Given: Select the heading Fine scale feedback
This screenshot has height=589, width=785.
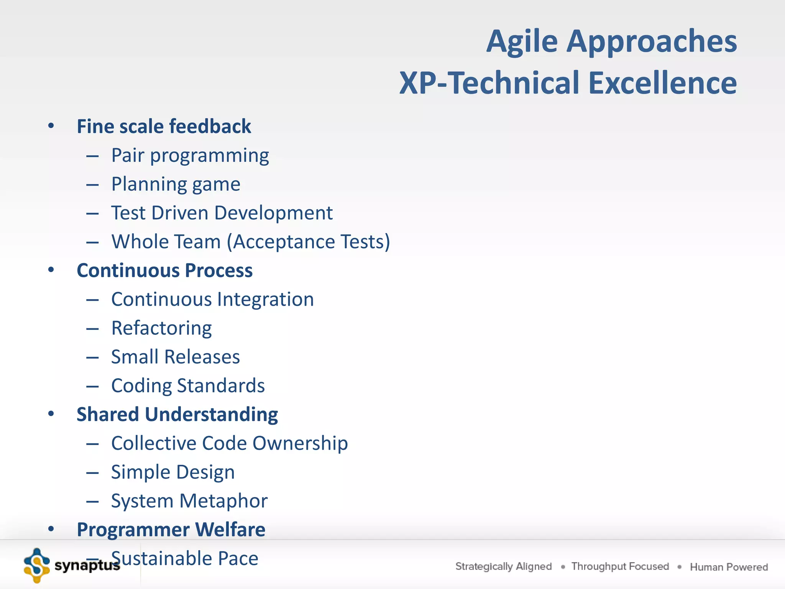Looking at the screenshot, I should pyautogui.click(x=164, y=127).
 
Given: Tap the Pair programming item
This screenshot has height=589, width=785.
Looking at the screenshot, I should pyautogui.click(x=190, y=156).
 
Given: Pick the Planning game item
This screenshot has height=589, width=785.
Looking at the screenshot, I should pyautogui.click(x=176, y=184).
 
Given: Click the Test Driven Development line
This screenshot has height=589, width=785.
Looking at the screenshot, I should pyautogui.click(x=222, y=213).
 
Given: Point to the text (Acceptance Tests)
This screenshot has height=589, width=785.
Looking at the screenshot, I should pyautogui.click(x=309, y=242).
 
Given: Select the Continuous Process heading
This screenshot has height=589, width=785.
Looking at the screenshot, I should pyautogui.click(x=164, y=271).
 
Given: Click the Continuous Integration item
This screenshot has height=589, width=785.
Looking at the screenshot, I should pyautogui.click(x=212, y=299).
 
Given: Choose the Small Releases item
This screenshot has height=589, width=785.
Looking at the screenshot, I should pyautogui.click(x=175, y=357).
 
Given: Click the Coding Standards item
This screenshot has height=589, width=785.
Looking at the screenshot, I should pyautogui.click(x=188, y=386).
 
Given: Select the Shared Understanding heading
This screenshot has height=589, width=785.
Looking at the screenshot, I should pyautogui.click(x=177, y=415).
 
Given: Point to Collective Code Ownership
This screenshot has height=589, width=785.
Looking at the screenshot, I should pyautogui.click(x=229, y=443).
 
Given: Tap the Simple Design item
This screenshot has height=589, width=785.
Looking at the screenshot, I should pyautogui.click(x=173, y=472).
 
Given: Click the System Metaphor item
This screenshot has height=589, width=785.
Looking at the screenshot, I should pyautogui.click(x=189, y=501).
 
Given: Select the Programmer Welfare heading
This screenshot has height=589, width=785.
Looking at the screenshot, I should pyautogui.click(x=171, y=530).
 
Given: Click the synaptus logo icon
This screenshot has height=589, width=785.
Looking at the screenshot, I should pyautogui.click(x=36, y=566).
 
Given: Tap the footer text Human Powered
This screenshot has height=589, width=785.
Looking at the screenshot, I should pyautogui.click(x=729, y=567).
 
